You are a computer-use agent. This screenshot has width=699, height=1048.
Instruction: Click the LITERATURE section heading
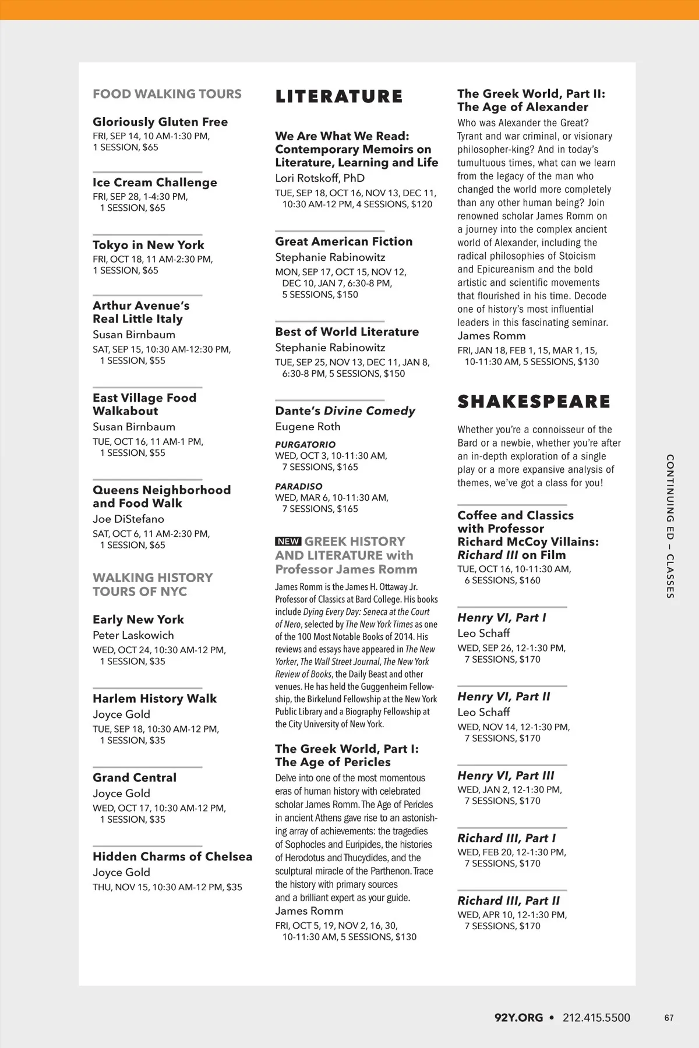[339, 97]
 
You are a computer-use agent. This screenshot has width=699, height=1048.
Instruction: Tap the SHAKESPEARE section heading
[534, 402]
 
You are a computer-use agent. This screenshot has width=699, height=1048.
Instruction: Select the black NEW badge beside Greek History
[288, 541]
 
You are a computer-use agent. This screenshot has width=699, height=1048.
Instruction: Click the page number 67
[669, 1018]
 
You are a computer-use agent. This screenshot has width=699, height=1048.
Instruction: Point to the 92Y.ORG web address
[518, 1018]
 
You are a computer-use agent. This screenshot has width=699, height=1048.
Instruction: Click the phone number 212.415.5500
[596, 1018]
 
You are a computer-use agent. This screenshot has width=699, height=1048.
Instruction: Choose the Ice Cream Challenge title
[155, 182]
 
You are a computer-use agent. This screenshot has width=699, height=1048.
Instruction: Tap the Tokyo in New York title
[149, 245]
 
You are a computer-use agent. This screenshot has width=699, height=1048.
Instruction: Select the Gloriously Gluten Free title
[160, 122]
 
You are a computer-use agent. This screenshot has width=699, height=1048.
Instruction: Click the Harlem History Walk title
[154, 699]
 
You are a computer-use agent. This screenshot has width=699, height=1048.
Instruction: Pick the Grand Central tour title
[135, 778]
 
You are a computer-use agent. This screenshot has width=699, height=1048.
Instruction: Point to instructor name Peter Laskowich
[133, 635]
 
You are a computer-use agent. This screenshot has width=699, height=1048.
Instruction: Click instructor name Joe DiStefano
[128, 519]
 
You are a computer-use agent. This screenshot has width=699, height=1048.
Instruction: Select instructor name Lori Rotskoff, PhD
[320, 178]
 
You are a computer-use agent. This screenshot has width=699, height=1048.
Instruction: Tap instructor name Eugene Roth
[308, 427]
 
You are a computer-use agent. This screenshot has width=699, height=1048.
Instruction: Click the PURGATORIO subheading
[305, 445]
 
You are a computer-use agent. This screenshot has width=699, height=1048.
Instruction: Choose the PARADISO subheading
[299, 486]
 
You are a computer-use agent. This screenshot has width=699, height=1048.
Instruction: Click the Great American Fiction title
[344, 242]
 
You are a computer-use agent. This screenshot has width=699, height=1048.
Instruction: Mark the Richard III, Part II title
[509, 901]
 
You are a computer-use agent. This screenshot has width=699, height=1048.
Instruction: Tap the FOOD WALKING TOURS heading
[167, 94]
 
